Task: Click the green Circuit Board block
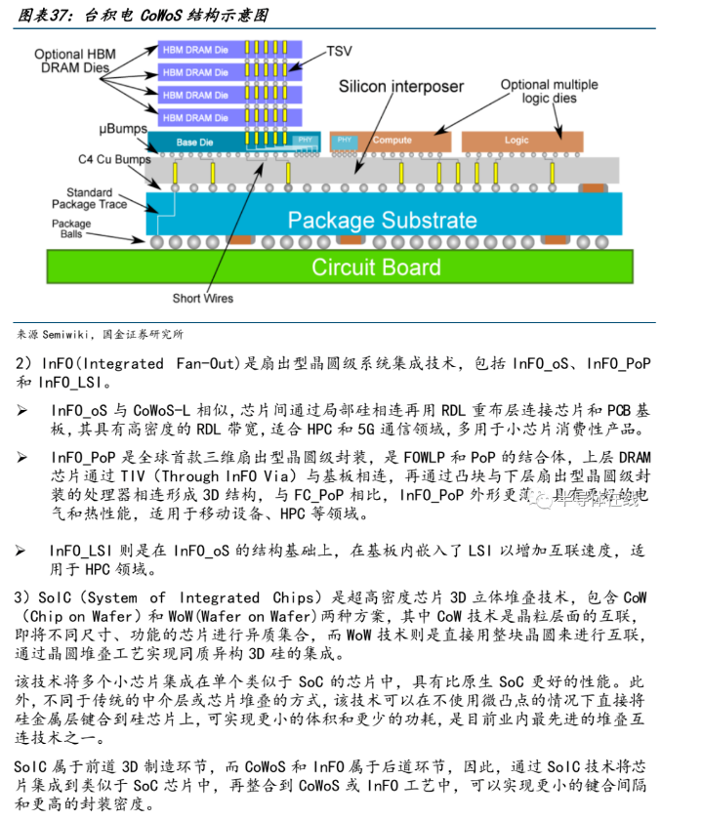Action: point(376,267)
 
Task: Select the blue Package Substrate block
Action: point(381,220)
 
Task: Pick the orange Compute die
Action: point(391,141)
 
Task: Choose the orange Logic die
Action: point(517,141)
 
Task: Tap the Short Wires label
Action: point(203,299)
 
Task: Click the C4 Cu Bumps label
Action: point(114,158)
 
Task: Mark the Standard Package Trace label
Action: point(90,198)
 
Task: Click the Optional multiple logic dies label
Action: point(549,92)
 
